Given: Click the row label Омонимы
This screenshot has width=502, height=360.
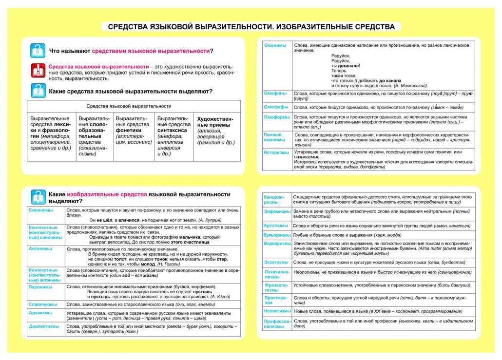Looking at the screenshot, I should (275, 45).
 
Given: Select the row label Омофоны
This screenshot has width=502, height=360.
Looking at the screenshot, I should (275, 93).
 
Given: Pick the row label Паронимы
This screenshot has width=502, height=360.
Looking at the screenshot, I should (40, 286).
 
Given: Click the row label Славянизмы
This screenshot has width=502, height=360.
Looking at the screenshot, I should (43, 304).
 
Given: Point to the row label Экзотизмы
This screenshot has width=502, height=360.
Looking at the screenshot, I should (276, 262).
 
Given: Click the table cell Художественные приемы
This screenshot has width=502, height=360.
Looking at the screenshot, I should (215, 131).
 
